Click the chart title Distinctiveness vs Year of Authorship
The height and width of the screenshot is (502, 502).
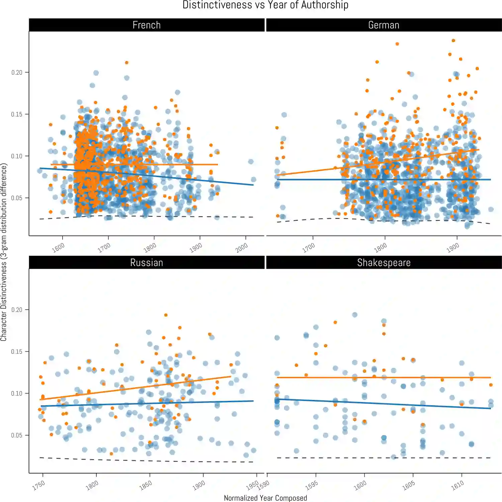pyautogui.click(x=265, y=5)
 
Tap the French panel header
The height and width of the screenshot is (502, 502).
pyautogui.click(x=147, y=25)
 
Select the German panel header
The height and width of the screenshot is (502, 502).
pyautogui.click(x=384, y=25)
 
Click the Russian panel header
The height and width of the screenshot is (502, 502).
pyautogui.click(x=147, y=263)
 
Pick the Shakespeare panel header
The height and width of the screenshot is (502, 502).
pyautogui.click(x=384, y=263)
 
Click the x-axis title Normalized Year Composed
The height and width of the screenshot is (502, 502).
pyautogui.click(x=265, y=498)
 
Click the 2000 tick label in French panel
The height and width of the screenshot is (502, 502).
pyautogui.click(x=241, y=248)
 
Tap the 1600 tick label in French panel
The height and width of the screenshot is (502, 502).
pyautogui.click(x=58, y=248)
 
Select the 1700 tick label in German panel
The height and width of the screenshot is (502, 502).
pyautogui.click(x=309, y=248)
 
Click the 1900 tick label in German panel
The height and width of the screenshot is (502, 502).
pyautogui.click(x=453, y=248)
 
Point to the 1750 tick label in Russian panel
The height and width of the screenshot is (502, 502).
pyautogui.click(x=38, y=486)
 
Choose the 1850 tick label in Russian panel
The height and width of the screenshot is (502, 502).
pyautogui.click(x=146, y=486)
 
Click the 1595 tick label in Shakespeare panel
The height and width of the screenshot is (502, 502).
pyautogui.click(x=312, y=486)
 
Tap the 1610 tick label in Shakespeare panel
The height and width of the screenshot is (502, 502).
pyautogui.click(x=457, y=486)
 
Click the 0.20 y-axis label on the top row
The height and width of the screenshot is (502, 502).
pyautogui.click(x=17, y=73)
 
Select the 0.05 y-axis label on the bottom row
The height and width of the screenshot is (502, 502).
pyautogui.click(x=17, y=435)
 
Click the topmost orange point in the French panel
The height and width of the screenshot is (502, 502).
pyautogui.click(x=127, y=63)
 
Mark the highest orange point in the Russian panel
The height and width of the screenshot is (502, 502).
pyautogui.click(x=166, y=315)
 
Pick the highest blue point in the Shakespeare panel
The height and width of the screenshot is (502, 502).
pyautogui.click(x=355, y=315)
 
